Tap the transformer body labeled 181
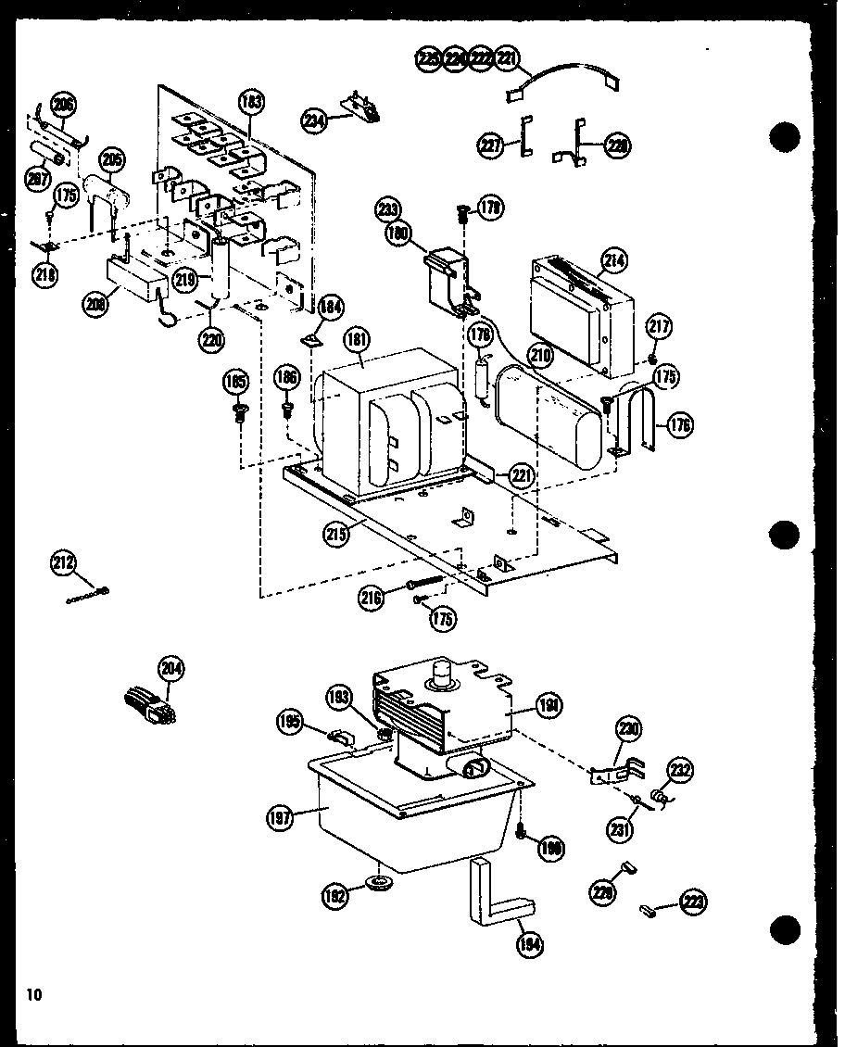389,417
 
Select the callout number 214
612,262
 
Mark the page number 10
34,996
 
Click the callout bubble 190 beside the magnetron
549,707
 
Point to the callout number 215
335,534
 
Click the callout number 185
235,380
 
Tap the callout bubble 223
692,900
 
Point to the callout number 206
63,104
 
